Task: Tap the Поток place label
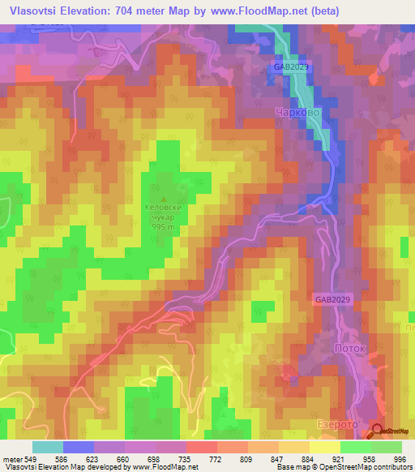pyautogui.click(x=350, y=348)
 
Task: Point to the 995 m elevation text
pyautogui.click(x=165, y=227)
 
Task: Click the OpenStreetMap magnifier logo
pyautogui.click(x=379, y=431)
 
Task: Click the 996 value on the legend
pyautogui.click(x=399, y=458)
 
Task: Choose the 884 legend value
pyautogui.click(x=309, y=458)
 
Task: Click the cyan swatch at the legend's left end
pyautogui.click(x=47, y=446)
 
